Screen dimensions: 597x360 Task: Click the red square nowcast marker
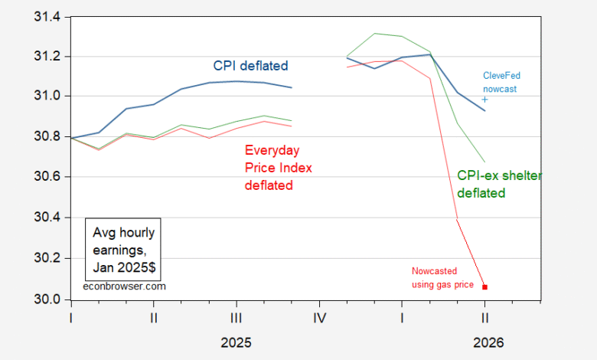[x=484, y=287]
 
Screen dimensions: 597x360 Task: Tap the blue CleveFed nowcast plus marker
[x=484, y=100]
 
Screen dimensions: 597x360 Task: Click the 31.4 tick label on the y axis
[x=47, y=17]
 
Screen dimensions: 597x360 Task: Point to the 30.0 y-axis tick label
[x=47, y=299]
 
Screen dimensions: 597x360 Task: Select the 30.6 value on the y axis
[x=47, y=177]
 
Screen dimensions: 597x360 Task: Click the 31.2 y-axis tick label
[x=47, y=57]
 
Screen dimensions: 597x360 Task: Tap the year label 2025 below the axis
[x=236, y=342]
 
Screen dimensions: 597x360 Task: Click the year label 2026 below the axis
[x=488, y=342]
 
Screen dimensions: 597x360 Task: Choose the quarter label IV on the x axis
[x=319, y=318]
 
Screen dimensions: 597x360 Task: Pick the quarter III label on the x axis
[x=237, y=318]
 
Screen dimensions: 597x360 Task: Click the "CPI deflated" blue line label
[x=250, y=66]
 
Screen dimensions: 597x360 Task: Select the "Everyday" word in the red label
[x=272, y=150]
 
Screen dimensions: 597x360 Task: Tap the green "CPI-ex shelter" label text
[x=500, y=175]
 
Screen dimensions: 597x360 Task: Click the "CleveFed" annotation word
[x=501, y=75]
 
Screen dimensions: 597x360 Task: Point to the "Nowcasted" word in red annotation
[x=434, y=271]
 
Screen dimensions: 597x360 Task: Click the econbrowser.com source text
[x=125, y=286]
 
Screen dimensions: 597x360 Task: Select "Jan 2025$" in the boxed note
[x=124, y=267]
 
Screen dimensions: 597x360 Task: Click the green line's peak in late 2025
[x=375, y=33]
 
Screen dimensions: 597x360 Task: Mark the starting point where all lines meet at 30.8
[x=72, y=138]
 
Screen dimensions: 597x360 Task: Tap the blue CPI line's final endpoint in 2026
[x=484, y=111]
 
